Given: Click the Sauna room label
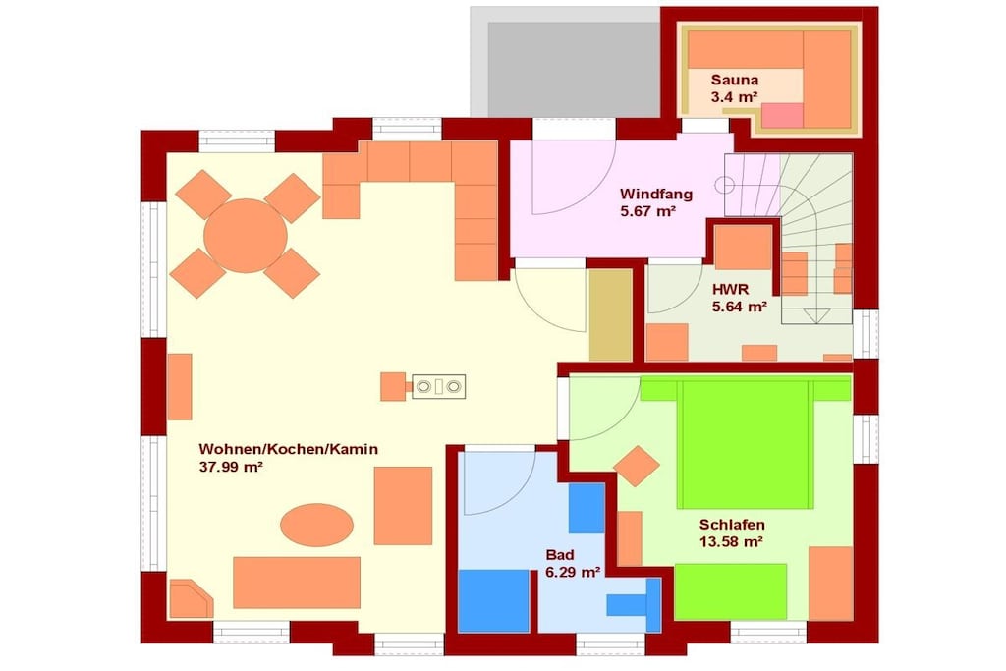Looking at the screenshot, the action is coord(735,81).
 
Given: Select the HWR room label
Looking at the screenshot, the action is coord(730,289).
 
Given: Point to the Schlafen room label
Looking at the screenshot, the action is coord(731,525).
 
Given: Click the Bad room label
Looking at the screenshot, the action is coord(559,555).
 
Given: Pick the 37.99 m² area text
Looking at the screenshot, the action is coord(231,467).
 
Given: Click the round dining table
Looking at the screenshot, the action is coord(245,236).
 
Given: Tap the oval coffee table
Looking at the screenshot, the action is coord(317,525).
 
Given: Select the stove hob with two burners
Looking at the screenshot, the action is coord(439,387).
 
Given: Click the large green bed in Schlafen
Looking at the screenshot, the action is coord(746,443).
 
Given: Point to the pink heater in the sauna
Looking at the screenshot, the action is coord(782,116).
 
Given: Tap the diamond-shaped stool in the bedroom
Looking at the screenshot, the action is coord(637,467).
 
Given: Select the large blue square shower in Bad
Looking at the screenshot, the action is coord(494,601).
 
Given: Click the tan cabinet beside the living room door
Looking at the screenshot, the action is coord(611,315).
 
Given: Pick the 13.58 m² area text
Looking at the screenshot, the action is coord(731,542).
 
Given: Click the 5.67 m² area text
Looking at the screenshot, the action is coord(648,211).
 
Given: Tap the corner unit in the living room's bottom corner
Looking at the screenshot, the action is coord(191,599).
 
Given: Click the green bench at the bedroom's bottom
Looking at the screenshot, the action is coord(731,591).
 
